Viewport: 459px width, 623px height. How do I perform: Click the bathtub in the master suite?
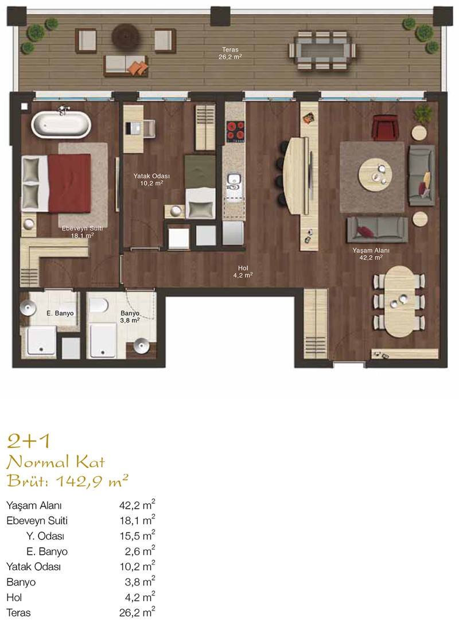click(61, 124)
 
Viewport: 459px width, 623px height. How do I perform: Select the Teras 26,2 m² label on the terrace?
click(231, 53)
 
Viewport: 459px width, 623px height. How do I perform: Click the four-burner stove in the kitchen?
click(235, 131)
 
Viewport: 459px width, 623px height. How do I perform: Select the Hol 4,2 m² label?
click(243, 271)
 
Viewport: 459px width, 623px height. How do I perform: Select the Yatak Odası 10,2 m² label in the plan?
click(151, 179)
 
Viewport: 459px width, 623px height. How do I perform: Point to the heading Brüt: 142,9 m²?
click(68, 481)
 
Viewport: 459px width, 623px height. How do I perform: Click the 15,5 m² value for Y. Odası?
click(137, 536)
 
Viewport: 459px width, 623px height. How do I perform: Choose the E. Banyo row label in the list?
click(47, 551)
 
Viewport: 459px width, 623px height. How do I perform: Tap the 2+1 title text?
click(29, 441)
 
